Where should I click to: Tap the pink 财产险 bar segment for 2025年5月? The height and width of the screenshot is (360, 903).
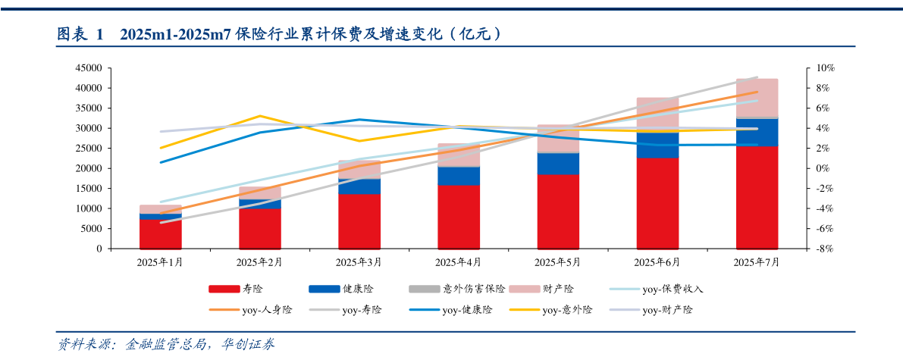[558, 139]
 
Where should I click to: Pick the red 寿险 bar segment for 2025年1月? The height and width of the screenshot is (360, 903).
[160, 233]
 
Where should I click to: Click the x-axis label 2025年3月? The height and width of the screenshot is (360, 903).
[359, 262]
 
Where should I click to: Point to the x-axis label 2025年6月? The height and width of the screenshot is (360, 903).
[657, 262]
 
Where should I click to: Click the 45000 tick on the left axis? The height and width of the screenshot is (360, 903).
[89, 68]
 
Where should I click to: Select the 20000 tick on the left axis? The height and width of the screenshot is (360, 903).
[89, 168]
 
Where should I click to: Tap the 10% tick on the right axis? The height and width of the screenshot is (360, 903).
[804, 68]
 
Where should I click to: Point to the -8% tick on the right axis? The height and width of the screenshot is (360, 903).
[804, 249]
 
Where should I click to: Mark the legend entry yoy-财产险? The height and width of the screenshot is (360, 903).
[667, 309]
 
